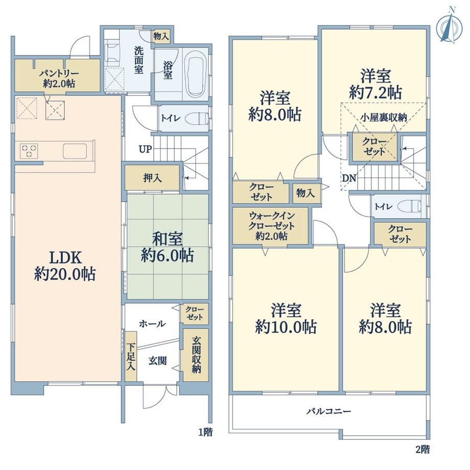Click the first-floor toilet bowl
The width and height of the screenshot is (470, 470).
(197, 119)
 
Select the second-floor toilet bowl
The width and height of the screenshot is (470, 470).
(409, 206)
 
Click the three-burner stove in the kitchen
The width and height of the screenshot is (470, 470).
(29, 151)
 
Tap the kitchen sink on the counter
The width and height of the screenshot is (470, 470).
(75, 151)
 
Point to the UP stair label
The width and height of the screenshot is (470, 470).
(146, 149)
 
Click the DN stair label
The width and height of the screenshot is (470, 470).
(349, 178)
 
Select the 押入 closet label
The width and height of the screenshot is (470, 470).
(153, 178)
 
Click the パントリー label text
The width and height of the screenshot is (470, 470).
(59, 74)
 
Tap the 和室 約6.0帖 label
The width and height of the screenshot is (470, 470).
(167, 247)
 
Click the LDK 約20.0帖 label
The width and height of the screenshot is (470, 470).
(65, 266)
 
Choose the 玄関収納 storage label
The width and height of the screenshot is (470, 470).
(196, 355)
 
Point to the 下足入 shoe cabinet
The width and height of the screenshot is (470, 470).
(131, 357)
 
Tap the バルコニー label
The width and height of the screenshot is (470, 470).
(328, 411)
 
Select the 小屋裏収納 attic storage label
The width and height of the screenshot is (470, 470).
(384, 117)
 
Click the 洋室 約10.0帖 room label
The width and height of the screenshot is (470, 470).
(286, 319)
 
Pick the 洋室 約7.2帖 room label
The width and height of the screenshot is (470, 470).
(375, 84)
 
